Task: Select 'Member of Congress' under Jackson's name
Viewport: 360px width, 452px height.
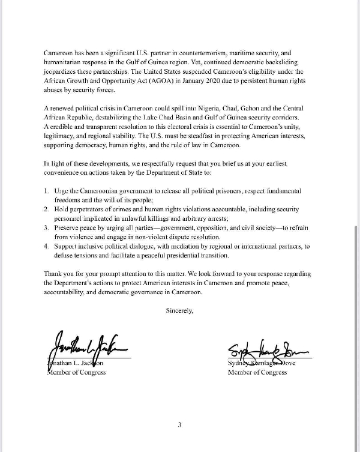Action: (x=76, y=373)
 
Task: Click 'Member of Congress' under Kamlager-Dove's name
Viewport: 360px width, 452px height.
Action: (x=257, y=373)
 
